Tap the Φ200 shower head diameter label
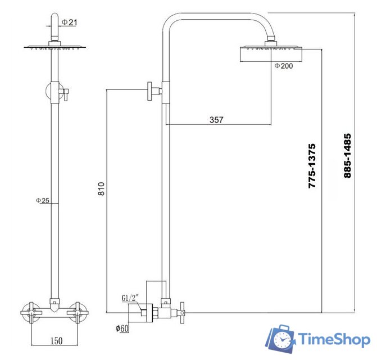(284, 66)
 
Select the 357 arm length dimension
(216, 119)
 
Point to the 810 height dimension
(102, 188)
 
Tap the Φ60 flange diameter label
(123, 328)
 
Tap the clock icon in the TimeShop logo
(282, 340)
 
